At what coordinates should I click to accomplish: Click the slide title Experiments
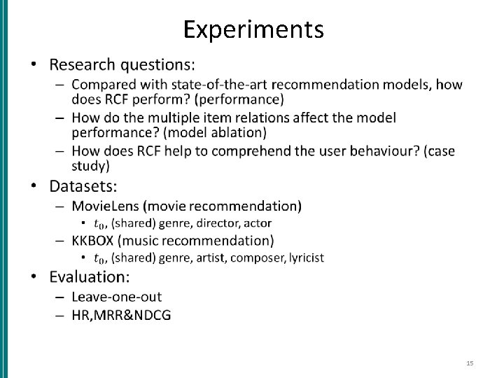coord(253,29)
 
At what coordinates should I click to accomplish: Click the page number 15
coord(470,363)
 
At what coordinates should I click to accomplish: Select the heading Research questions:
coord(122,65)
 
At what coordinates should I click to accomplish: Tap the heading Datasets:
coord(83,187)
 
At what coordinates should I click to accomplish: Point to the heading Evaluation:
coord(90,276)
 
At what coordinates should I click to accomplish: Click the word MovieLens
coord(106,206)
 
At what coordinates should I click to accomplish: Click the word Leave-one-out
coord(116,297)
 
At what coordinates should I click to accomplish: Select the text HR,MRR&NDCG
coord(121,315)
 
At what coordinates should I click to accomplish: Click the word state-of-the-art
coord(223,85)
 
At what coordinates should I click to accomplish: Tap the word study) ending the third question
coord(90,166)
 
